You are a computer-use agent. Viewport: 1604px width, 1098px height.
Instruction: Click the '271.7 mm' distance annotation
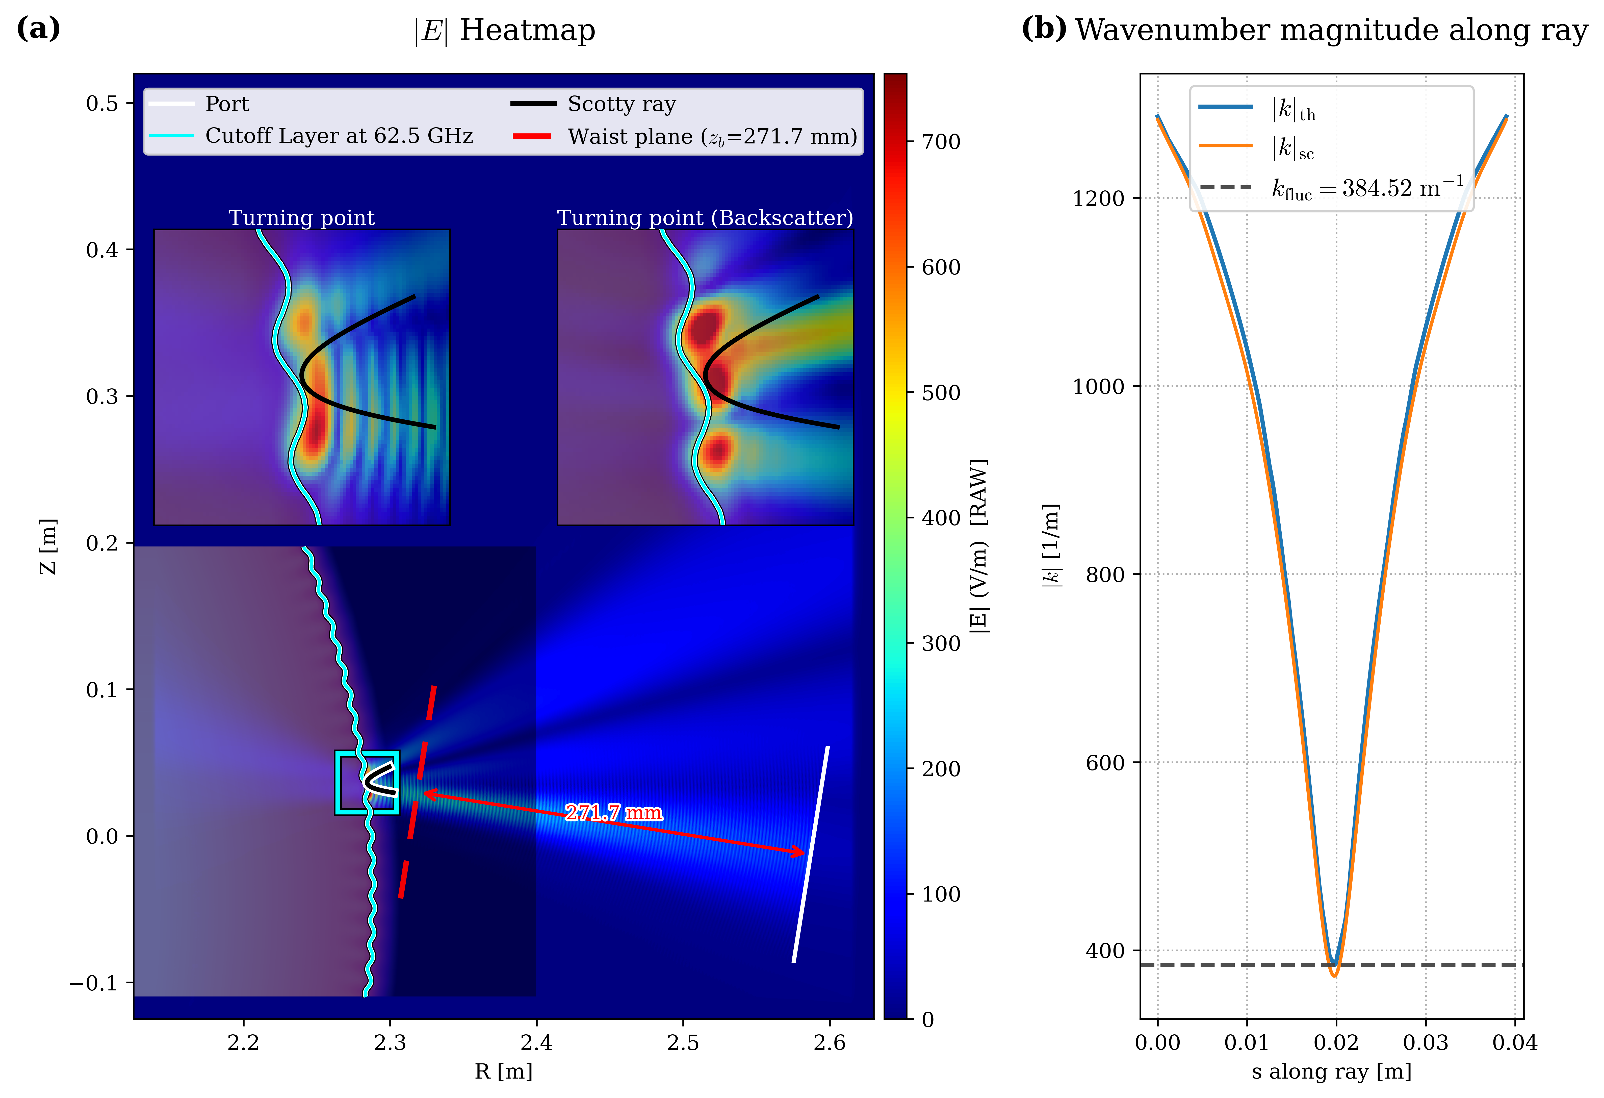(614, 813)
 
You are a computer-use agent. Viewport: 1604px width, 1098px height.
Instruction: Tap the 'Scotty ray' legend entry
(621, 104)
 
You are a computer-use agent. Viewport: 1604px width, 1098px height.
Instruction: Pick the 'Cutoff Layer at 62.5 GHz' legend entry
(338, 136)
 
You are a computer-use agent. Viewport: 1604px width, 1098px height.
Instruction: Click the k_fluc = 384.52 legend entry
(1366, 188)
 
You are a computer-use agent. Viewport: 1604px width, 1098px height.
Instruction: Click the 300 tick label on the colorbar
(941, 644)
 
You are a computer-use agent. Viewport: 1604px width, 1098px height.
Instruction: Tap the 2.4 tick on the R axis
(536, 1041)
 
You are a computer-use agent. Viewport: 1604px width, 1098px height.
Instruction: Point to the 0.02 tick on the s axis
(1336, 1041)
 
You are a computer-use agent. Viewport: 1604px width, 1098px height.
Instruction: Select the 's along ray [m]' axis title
(1331, 1071)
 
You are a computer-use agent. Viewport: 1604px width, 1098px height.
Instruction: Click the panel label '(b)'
(1044, 29)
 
